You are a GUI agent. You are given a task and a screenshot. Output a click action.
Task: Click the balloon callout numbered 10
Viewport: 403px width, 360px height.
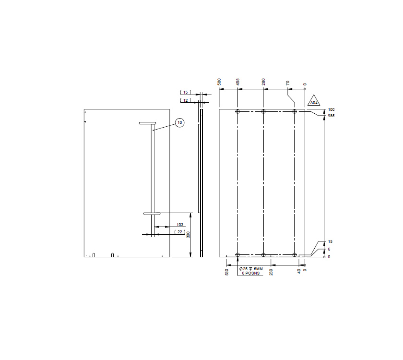179,123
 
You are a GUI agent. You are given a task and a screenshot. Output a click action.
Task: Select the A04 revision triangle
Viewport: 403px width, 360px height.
313,101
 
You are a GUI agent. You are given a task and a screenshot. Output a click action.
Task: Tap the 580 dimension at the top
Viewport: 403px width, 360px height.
219,82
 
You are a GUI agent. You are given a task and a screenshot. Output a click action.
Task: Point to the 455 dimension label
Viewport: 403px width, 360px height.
237,82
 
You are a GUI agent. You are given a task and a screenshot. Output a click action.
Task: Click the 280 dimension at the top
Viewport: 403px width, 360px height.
263,82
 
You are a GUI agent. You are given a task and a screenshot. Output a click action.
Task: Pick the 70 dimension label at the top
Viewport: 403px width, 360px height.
288,83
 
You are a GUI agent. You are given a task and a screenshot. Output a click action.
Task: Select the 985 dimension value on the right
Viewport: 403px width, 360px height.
331,116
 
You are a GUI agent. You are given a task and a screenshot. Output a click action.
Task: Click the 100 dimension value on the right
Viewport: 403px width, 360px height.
331,110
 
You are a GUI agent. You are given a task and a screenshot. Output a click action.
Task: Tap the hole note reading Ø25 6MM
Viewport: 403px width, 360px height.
251,269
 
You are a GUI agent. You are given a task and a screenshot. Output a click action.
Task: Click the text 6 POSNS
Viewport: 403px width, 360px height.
250,273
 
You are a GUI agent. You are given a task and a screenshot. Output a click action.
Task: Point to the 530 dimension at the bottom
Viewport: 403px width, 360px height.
226,272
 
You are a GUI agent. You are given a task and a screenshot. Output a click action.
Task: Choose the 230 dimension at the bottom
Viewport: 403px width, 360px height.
271,272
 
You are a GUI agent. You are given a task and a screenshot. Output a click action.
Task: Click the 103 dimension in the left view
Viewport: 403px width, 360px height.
180,225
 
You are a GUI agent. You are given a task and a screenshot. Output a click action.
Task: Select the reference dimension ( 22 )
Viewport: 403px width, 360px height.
180,232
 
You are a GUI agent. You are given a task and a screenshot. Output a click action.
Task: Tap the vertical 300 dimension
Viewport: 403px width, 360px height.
188,235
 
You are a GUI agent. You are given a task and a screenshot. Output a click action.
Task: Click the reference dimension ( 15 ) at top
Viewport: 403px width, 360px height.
186,92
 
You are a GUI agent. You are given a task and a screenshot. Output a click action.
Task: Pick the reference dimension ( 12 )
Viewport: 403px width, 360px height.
186,100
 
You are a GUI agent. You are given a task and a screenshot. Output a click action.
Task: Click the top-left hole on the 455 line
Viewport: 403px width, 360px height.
237,112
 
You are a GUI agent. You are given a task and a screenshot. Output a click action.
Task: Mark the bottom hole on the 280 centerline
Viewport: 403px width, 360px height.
263,255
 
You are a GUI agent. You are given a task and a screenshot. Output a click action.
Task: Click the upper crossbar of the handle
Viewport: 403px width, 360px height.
148,123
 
